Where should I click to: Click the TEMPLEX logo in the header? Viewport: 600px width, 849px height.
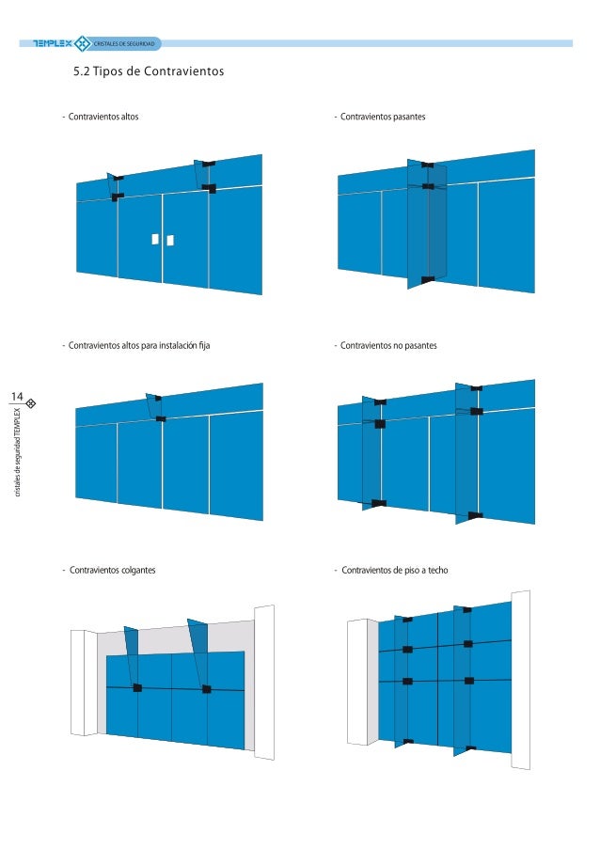53,43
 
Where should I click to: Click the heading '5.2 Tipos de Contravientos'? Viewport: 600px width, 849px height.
149,71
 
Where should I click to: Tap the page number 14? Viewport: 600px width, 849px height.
17,397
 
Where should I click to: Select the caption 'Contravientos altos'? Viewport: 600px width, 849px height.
103,117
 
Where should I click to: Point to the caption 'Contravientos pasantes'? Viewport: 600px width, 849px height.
383,117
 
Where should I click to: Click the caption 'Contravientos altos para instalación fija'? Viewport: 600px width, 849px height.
139,345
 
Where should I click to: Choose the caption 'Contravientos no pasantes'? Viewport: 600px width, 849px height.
388,345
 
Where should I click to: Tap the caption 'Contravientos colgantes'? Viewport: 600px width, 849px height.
113,570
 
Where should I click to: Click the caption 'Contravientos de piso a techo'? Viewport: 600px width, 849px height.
395,570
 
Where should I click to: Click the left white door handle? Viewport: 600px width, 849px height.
155,239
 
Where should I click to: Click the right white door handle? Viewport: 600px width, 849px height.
170,240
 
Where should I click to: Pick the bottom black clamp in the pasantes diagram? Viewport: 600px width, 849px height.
427,280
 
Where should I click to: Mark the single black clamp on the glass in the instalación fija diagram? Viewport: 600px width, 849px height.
161,418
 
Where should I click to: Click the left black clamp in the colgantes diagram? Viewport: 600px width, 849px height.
137,687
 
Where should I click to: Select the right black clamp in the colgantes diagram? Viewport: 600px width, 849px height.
206,689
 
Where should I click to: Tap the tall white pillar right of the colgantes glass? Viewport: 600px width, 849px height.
264,683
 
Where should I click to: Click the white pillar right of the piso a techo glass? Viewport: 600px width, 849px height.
520,680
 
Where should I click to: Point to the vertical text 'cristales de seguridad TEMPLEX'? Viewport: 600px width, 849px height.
17,452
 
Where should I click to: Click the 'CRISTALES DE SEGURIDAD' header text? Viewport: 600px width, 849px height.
124,43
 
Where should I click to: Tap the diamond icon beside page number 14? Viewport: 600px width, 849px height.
31,402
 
